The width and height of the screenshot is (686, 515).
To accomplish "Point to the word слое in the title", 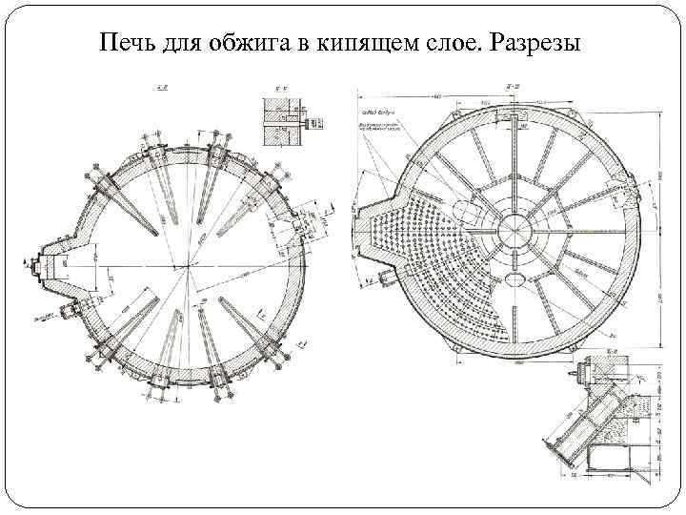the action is point(439,45).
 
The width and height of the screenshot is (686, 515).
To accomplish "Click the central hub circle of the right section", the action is point(515,227).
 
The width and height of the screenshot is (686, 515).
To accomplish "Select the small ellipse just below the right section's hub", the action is point(515,278).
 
